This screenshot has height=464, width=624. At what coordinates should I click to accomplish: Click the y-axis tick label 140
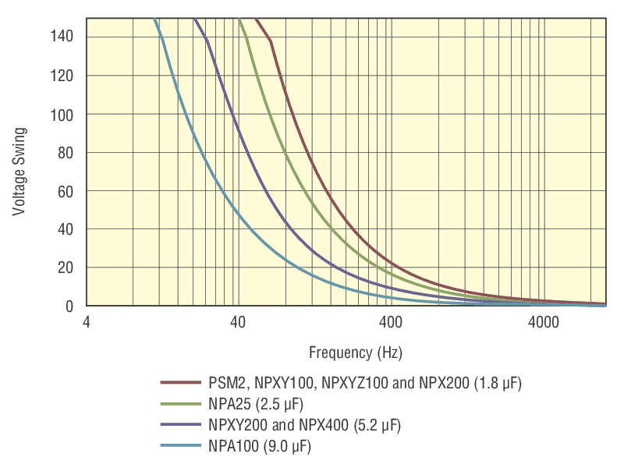(x=63, y=37)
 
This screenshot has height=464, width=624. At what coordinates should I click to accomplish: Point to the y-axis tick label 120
(x=63, y=76)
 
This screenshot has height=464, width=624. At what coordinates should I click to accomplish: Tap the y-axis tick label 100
(x=63, y=114)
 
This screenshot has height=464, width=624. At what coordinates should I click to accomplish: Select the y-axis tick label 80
(x=66, y=153)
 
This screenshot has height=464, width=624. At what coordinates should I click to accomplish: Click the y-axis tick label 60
(x=66, y=191)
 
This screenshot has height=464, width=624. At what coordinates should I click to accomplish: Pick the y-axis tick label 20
(x=66, y=267)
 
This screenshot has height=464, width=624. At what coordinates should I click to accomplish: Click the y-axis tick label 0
(x=69, y=306)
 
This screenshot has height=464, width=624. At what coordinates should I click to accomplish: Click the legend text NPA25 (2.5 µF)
(x=256, y=405)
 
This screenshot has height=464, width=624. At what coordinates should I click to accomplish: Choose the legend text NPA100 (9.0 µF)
(x=260, y=447)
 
